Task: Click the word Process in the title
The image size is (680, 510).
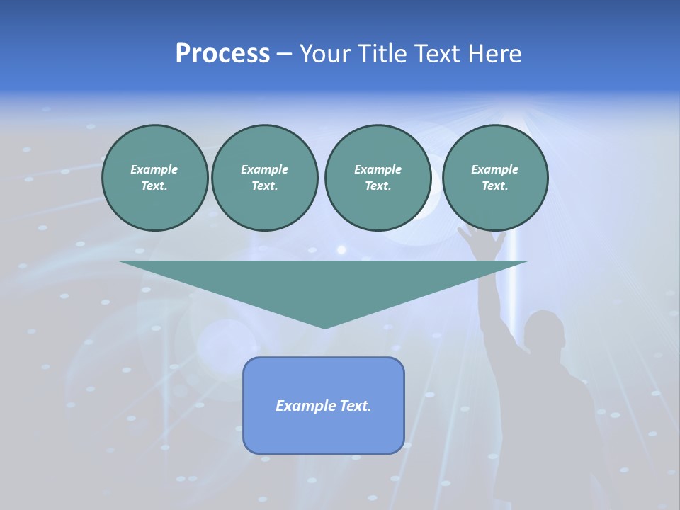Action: (x=222, y=54)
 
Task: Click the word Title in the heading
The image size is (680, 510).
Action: (x=385, y=54)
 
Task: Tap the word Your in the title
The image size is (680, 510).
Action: (x=327, y=54)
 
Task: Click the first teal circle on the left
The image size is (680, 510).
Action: (x=154, y=178)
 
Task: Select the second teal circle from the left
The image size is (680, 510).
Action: (x=264, y=178)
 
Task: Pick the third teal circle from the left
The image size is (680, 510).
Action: (x=378, y=178)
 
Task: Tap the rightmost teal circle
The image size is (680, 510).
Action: (x=495, y=178)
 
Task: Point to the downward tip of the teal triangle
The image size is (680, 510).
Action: (x=324, y=327)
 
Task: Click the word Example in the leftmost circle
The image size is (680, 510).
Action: (x=154, y=169)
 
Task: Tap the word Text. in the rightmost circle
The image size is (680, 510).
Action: (x=495, y=186)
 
